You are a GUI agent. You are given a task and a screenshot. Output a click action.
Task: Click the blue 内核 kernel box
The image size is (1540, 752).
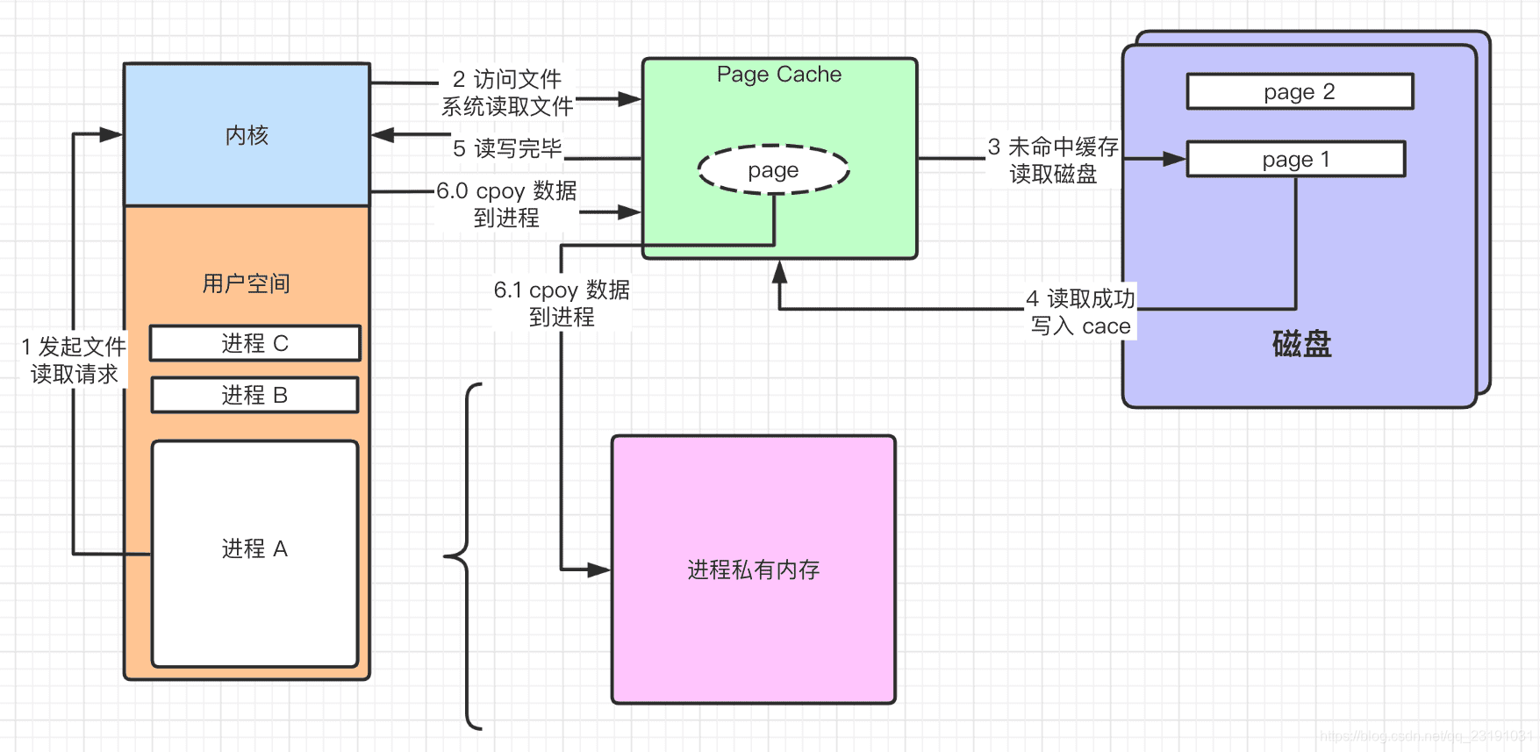click(247, 135)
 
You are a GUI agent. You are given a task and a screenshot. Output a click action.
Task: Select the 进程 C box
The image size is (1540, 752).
click(254, 343)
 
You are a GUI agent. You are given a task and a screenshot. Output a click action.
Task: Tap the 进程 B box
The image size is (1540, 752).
click(254, 395)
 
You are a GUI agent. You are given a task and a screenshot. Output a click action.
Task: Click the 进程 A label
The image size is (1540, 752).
click(254, 549)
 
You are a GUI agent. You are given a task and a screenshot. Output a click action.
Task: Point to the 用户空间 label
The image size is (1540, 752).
click(246, 283)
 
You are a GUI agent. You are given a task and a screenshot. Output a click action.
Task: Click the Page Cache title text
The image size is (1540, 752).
click(778, 75)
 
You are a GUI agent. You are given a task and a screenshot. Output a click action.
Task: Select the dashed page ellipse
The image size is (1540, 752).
click(773, 169)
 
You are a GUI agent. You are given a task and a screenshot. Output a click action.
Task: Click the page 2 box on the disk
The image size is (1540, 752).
click(1299, 91)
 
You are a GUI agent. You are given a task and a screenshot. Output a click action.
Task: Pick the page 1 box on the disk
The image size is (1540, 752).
click(1295, 159)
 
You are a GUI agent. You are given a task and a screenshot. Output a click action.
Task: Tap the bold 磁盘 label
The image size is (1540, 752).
click(1301, 344)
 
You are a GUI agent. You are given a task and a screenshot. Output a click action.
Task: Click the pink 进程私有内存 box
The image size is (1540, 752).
click(753, 570)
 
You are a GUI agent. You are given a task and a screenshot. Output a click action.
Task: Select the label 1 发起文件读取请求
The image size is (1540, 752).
click(75, 360)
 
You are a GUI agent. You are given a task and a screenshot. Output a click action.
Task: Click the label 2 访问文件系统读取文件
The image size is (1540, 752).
click(507, 93)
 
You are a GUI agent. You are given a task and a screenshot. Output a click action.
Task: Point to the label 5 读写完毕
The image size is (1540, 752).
click(507, 148)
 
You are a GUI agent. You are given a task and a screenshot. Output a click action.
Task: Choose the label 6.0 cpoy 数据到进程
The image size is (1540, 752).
click(506, 204)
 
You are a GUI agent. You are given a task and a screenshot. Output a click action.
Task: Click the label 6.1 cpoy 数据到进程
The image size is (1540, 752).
click(562, 303)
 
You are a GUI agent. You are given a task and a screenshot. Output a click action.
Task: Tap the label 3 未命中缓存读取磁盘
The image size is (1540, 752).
click(1053, 160)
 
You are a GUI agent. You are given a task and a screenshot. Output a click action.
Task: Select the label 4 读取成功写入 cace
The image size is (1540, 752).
click(1081, 312)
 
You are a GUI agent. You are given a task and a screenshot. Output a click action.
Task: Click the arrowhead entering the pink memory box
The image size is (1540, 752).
click(599, 570)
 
